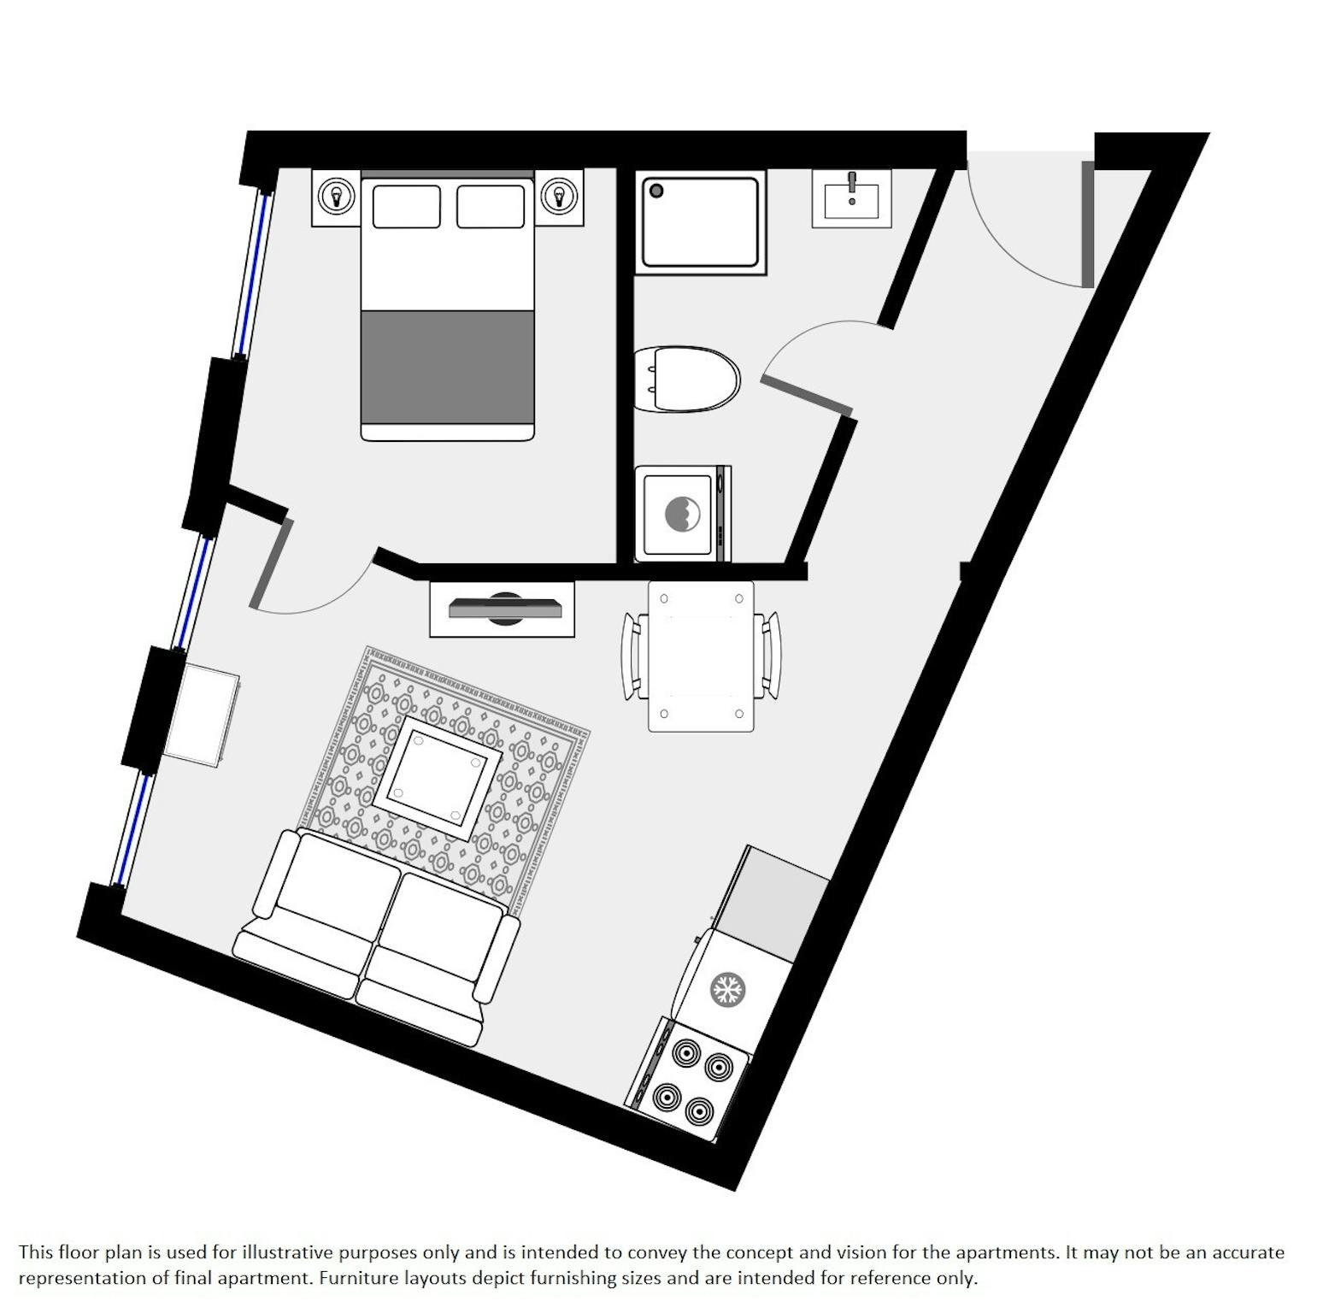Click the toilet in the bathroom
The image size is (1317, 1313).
(687, 379)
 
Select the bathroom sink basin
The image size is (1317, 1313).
(851, 197)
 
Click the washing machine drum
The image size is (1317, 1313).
(683, 513)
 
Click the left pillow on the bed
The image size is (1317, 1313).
(407, 206)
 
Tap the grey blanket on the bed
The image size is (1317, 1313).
(448, 367)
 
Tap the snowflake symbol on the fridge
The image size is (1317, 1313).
(727, 990)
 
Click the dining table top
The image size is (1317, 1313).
(701, 656)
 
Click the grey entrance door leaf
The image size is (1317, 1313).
(1087, 224)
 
